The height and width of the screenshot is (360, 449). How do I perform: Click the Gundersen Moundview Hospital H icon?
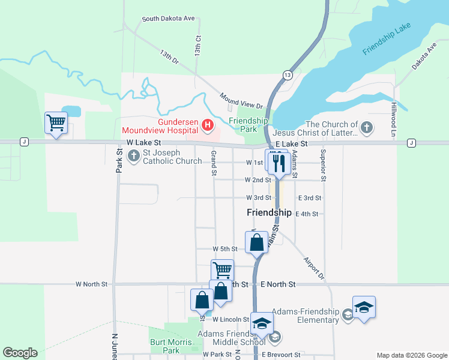coord(208,125)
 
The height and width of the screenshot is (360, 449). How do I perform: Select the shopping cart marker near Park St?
coord(56,123)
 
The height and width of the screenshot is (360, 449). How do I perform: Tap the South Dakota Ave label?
coord(168,19)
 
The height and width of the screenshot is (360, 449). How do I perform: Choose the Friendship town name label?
coord(269,212)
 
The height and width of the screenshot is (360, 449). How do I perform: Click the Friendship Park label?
coord(249,125)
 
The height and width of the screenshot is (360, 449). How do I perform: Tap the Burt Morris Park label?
coord(166,346)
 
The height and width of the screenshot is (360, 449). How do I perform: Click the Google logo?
coord(20,353)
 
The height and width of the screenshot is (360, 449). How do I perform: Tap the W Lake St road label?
coord(144,143)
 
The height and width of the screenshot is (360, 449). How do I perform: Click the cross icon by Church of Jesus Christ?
coord(367,127)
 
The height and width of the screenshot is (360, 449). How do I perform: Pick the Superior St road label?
coord(323,165)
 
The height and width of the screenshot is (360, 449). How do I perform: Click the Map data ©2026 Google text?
coord(411,355)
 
